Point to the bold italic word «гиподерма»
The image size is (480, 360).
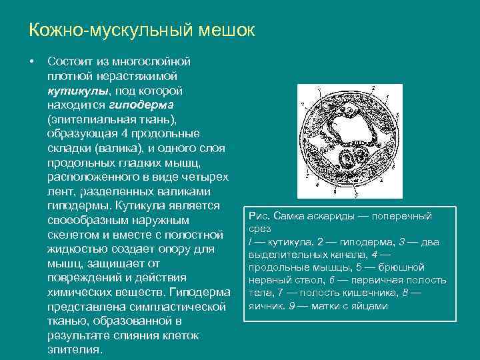[x=140, y=105]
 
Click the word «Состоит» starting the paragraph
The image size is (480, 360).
[x=71, y=61]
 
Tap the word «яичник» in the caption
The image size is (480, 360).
[x=264, y=306]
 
